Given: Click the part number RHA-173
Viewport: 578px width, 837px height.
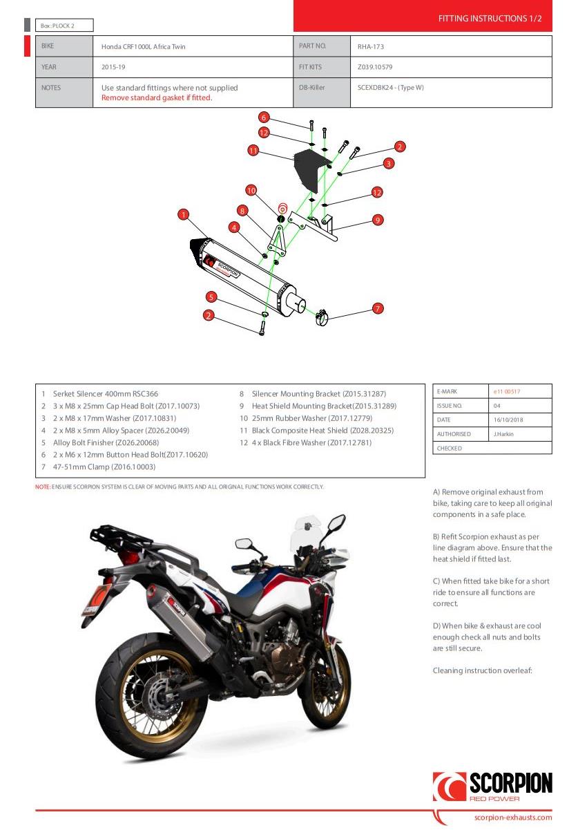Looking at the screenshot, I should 370,46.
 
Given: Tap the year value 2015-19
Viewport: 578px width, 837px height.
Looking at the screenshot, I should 113,67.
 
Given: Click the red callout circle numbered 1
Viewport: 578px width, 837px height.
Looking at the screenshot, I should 183,214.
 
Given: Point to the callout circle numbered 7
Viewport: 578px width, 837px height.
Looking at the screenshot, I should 378,308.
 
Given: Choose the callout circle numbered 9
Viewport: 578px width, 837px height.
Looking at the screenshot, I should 377,220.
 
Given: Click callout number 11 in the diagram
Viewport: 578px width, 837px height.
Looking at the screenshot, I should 253,150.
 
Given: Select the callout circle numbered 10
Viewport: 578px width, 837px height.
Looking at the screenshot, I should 251,189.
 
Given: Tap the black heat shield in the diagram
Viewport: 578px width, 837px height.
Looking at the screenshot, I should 309,170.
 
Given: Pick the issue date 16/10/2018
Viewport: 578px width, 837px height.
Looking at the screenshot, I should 509,420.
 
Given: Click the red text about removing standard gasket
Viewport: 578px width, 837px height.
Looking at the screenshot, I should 157,97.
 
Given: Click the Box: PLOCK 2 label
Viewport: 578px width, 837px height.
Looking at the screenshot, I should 58,26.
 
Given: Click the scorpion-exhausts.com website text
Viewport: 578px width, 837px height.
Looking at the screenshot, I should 513,817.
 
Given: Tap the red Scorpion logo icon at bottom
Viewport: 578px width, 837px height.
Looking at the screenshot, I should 449,787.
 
